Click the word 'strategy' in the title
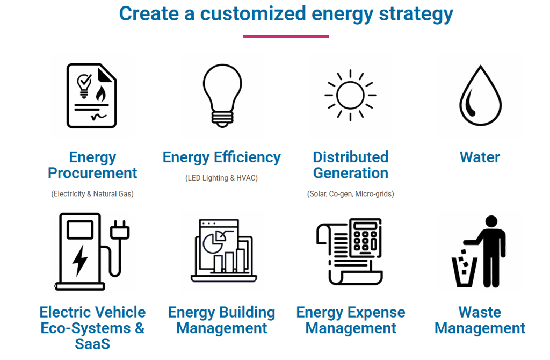416,15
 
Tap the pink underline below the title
286,36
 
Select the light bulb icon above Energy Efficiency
222,96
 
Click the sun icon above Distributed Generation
350,95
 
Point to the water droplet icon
481,96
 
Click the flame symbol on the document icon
100,93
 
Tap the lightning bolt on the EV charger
80,261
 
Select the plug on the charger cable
120,230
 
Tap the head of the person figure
491,221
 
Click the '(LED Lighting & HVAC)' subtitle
221,178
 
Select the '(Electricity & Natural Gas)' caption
92,193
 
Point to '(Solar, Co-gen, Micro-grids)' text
350,193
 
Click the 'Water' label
480,157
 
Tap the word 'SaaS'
92,344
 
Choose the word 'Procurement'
92,173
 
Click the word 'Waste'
480,312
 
